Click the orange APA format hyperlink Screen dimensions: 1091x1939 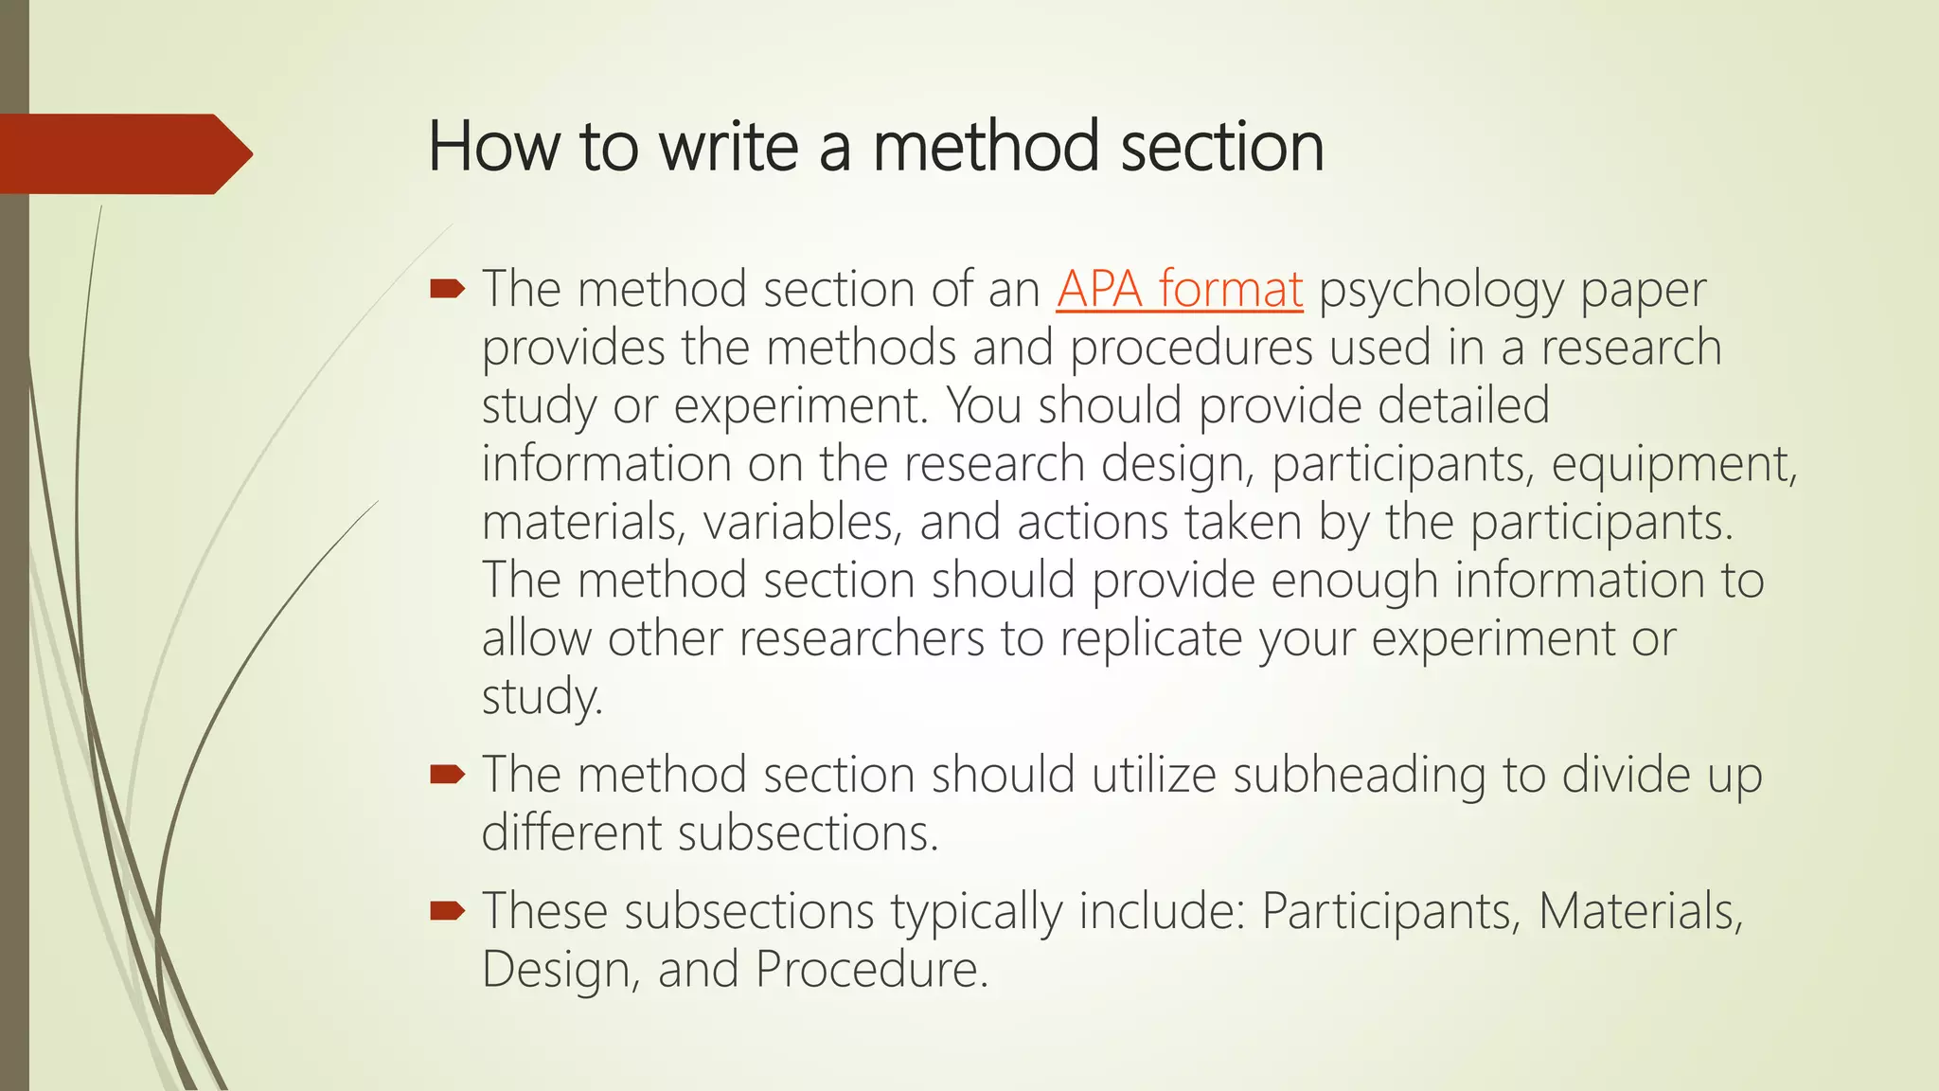click(x=1179, y=289)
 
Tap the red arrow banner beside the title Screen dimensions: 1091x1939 click(x=123, y=153)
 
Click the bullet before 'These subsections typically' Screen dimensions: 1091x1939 click(x=447, y=911)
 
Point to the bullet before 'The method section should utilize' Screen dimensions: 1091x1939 click(x=447, y=775)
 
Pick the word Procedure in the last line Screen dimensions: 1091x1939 click(x=871, y=969)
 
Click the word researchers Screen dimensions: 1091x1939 click(x=862, y=638)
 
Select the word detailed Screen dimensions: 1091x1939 click(x=1463, y=405)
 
